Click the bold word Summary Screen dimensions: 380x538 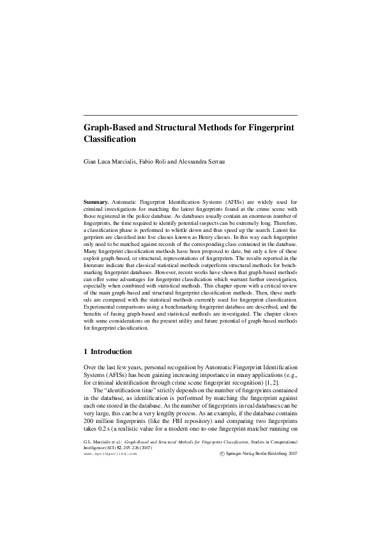pyautogui.click(x=96, y=201)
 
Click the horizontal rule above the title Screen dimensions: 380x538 pyautogui.click(x=190, y=115)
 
